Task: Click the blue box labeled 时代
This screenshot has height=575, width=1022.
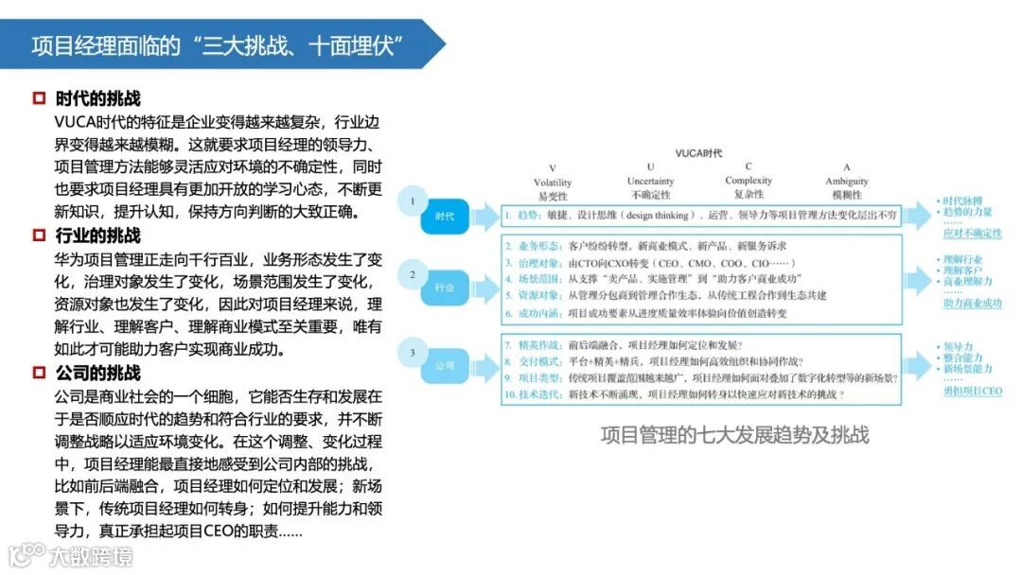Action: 445,217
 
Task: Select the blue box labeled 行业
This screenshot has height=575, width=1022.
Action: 445,287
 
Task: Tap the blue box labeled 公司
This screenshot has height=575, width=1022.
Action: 445,364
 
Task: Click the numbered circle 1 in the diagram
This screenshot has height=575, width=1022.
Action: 412,200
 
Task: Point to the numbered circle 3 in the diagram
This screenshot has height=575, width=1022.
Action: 412,354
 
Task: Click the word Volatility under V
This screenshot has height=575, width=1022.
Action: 553,183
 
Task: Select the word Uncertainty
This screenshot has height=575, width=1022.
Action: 650,182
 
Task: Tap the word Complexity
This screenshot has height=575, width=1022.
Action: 748,181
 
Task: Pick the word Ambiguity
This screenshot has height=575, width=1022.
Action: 846,182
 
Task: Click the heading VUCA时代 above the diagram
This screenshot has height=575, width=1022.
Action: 698,152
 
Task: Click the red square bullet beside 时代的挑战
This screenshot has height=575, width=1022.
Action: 39,98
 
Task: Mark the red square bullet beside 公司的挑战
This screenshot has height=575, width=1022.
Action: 39,373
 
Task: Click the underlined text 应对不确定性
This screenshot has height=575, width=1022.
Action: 972,233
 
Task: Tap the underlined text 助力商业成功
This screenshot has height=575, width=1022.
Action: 972,304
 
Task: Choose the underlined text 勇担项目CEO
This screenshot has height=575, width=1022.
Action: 972,391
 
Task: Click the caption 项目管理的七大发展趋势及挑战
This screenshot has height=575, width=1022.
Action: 734,435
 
